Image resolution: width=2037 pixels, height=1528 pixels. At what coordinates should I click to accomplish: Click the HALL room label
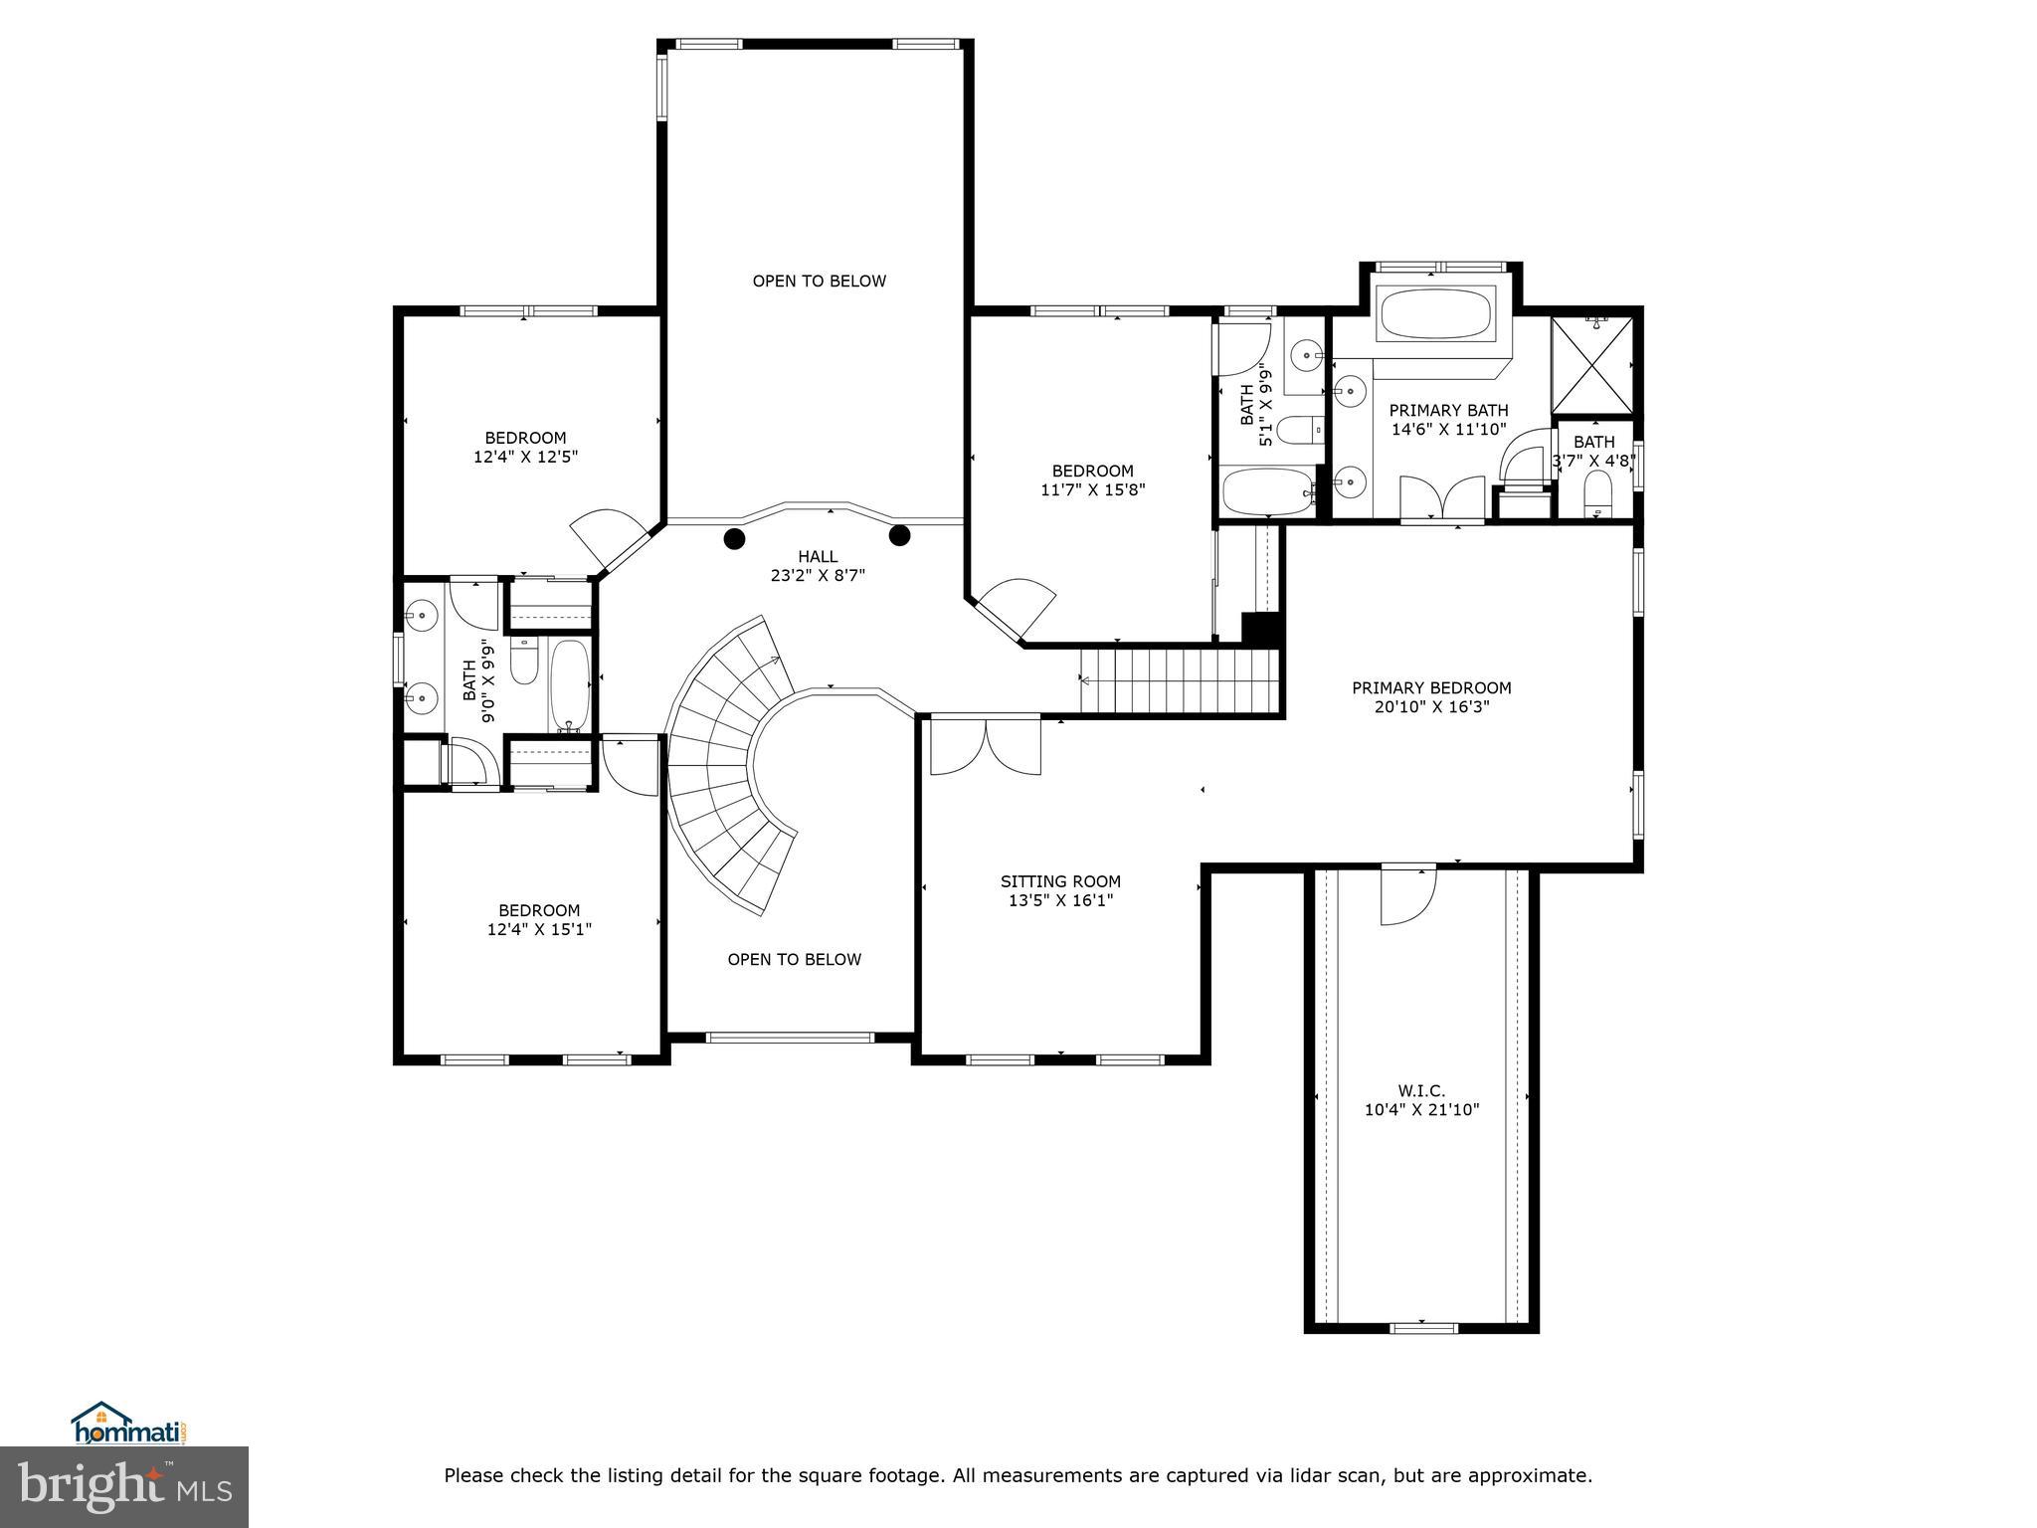(818, 557)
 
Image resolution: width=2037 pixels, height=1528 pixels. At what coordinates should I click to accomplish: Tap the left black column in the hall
(734, 539)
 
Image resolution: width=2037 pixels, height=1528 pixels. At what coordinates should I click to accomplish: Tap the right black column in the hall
(899, 536)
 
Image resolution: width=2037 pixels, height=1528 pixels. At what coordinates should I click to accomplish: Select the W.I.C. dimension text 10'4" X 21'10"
(1421, 1109)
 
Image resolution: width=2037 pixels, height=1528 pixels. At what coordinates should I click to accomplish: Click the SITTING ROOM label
(1060, 881)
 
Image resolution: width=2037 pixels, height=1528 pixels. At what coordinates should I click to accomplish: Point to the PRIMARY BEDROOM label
(1430, 687)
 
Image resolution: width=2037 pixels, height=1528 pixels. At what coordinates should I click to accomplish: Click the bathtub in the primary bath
(1435, 313)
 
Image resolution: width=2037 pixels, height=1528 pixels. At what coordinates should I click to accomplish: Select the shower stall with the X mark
(1592, 364)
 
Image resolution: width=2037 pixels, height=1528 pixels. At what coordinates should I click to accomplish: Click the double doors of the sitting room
(985, 746)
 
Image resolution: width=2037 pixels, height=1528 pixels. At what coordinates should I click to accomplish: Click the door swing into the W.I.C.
(1407, 895)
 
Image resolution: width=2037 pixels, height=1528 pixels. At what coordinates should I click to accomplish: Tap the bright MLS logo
(124, 1486)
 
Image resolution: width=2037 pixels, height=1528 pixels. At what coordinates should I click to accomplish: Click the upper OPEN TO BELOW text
(819, 281)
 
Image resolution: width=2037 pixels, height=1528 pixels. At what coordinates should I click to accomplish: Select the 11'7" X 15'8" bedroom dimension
(1092, 489)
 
